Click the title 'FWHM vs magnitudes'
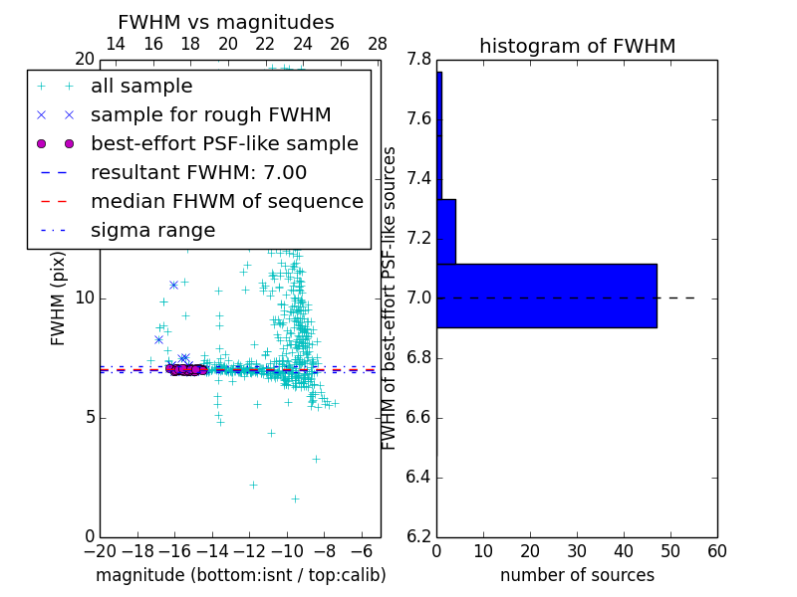226,22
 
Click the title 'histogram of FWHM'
577,46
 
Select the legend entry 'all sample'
141,87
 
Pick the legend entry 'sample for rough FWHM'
210,115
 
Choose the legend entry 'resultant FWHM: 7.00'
198,173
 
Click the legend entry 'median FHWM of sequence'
226,202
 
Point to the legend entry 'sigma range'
152,231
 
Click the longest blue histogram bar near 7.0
546,296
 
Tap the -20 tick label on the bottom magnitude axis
100,552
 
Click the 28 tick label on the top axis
378,44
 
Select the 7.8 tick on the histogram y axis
418,61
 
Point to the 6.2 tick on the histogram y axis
418,537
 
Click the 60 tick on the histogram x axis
716,552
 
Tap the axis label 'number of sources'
577,575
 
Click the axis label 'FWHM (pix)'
59,298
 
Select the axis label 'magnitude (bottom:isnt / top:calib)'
240,575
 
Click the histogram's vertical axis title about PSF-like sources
390,298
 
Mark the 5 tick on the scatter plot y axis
88,418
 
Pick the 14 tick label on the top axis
116,44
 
